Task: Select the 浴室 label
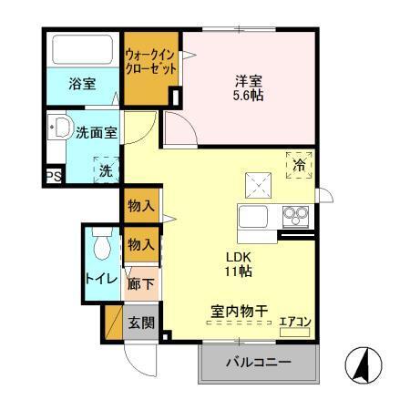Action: coord(82,85)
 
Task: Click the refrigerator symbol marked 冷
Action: coord(299,165)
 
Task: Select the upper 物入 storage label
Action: coord(141,206)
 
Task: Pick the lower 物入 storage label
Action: coord(141,244)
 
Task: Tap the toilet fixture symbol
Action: coord(101,244)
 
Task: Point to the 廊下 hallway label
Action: coord(141,284)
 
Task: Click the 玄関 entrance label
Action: coord(141,322)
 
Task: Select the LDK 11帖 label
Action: coord(240,263)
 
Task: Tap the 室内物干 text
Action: coord(233,312)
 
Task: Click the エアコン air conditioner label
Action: coord(294,320)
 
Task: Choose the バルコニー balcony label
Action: coord(259,364)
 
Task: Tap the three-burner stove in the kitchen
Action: coord(294,216)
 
